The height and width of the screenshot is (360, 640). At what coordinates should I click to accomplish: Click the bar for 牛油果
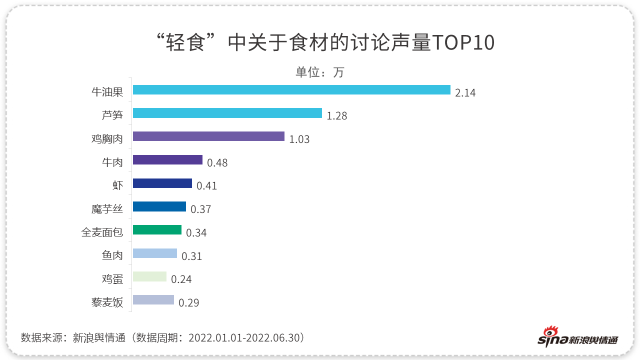[291, 90]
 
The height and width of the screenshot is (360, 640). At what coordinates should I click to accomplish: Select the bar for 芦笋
[227, 113]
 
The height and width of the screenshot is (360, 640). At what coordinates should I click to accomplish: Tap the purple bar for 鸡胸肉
[208, 136]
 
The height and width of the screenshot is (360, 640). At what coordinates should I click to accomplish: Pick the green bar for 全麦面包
[157, 230]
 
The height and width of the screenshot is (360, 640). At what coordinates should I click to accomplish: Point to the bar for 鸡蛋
[149, 276]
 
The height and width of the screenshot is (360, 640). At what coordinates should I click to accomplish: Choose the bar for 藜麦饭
[153, 300]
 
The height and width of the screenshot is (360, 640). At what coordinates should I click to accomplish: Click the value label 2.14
[465, 93]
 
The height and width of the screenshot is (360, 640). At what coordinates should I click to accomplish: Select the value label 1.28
[336, 116]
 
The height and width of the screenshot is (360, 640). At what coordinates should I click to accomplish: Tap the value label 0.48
[217, 163]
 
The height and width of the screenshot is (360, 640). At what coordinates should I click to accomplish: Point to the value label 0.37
[200, 209]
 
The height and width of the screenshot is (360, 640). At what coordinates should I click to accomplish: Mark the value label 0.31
[191, 256]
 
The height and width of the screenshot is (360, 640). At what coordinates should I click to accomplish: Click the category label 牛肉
[112, 161]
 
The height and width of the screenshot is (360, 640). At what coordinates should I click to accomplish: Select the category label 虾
[117, 185]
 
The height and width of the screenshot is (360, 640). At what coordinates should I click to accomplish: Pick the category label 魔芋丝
[107, 208]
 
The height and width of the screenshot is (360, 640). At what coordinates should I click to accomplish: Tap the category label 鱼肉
[112, 255]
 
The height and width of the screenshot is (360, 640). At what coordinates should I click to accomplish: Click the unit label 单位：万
[320, 72]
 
